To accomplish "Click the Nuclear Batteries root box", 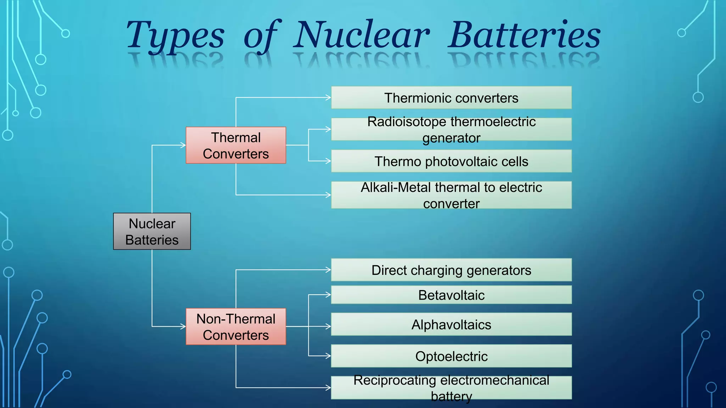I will point(152,231).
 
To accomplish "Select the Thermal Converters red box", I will point(236,145).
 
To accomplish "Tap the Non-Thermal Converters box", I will point(236,327).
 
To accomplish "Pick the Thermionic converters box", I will point(451,97).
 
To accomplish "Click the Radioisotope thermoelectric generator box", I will point(451,129).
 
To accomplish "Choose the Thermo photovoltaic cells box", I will point(451,161).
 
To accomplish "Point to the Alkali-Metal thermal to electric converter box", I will point(451,195).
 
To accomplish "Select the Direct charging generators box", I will point(451,270).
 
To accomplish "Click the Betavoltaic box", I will point(451,295).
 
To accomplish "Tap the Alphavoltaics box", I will point(451,324).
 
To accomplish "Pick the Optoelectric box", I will point(451,356).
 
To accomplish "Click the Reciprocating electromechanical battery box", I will point(451,388).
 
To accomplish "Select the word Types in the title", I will point(175,35).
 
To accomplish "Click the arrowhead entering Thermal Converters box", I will point(183,145).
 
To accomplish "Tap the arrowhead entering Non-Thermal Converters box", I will point(183,327).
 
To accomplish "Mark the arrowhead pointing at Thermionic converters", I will point(329,97).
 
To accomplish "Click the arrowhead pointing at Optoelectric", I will point(329,356).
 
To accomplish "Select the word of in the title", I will point(262,35).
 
